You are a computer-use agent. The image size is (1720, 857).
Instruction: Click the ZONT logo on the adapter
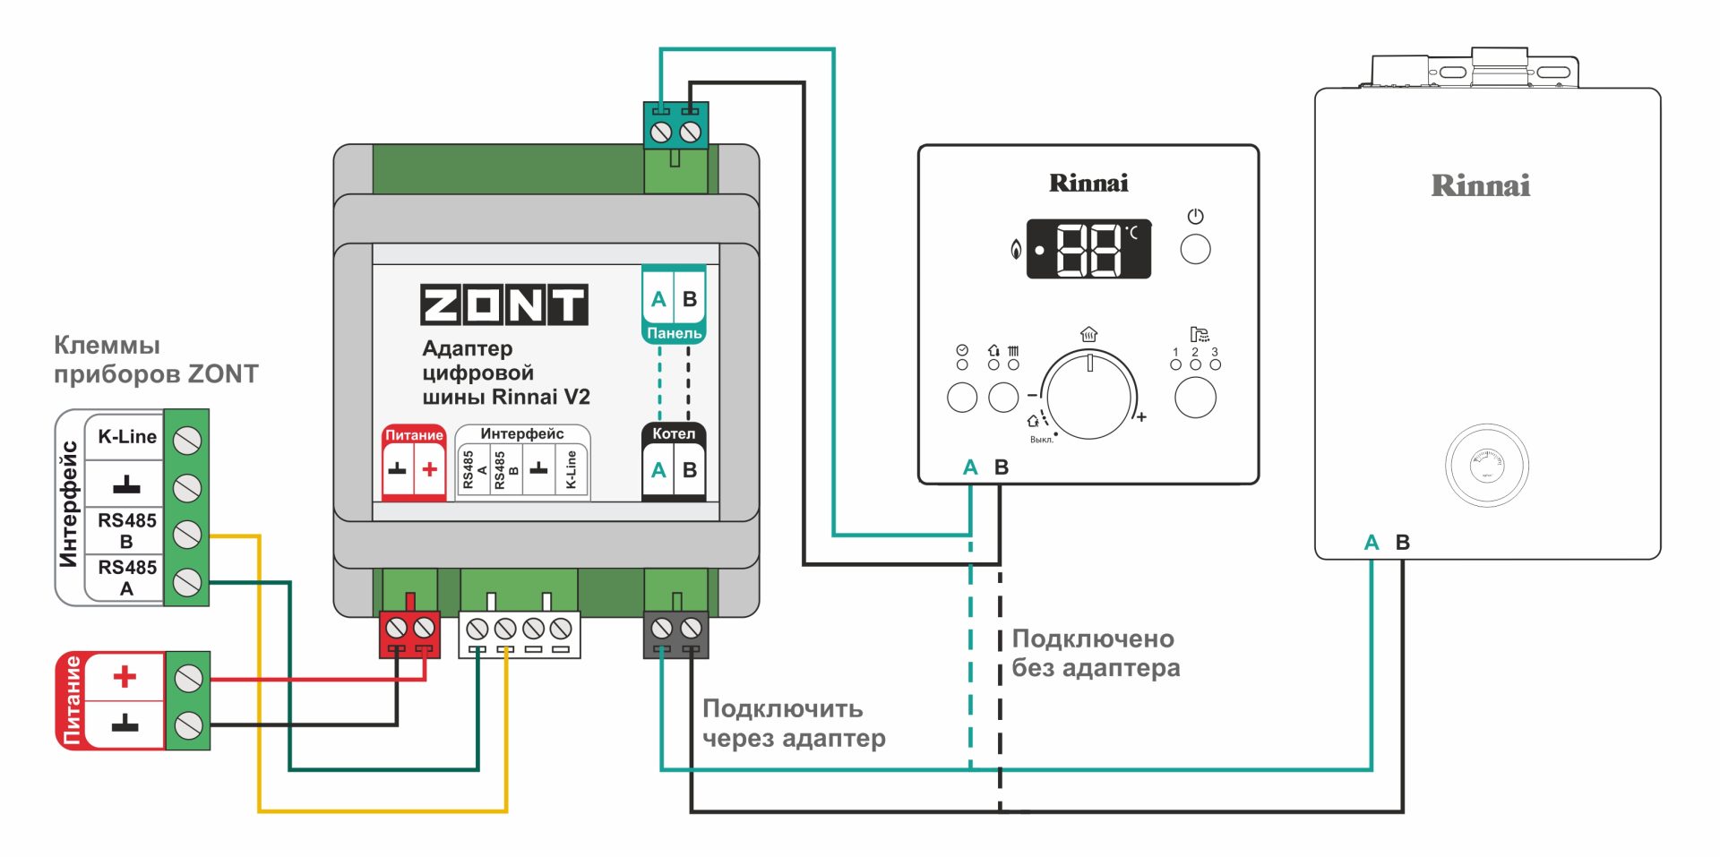(504, 304)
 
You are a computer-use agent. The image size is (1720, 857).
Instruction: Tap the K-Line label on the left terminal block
(127, 437)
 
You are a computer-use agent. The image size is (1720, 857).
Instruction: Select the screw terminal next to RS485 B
(187, 535)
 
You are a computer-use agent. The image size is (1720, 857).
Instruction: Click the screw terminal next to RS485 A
(187, 583)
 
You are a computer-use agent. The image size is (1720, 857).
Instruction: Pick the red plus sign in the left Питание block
(125, 676)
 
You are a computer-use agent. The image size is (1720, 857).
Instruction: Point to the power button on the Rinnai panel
(1195, 249)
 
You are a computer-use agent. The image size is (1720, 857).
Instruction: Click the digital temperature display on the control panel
(1088, 249)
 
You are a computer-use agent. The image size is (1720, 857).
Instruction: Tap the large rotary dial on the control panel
(1089, 394)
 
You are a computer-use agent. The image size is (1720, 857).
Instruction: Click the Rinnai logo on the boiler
(1481, 186)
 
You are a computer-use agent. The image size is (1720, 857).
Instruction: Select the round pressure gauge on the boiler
(1487, 466)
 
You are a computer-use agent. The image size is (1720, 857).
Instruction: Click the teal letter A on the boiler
(1372, 543)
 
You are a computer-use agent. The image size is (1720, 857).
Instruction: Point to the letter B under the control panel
(1002, 467)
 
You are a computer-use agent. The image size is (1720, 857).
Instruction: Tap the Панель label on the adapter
(674, 333)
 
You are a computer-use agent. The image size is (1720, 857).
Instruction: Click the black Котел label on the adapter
(674, 433)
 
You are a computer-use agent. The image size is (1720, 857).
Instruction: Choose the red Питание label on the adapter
(414, 435)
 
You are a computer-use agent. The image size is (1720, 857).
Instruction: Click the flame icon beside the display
(1016, 249)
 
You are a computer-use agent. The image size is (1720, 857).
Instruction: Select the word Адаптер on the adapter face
(468, 348)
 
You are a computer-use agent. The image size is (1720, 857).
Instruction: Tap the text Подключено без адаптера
(1095, 653)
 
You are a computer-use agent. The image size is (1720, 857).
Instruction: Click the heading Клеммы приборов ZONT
(156, 359)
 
